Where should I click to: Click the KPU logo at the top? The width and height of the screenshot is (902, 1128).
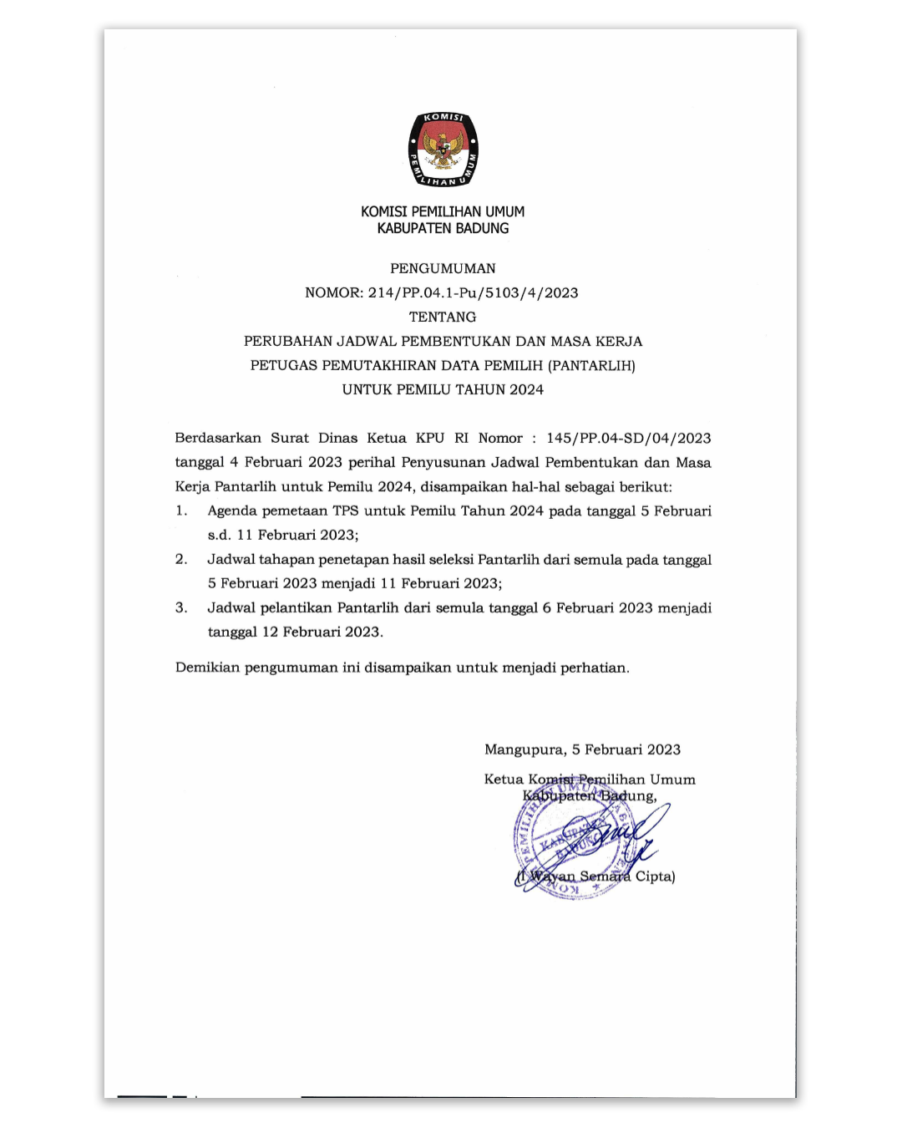point(443,149)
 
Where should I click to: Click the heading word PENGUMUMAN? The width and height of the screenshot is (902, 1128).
point(443,268)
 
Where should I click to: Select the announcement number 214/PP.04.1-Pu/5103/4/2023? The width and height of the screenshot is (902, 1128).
point(473,292)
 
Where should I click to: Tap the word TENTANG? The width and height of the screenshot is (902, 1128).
point(443,317)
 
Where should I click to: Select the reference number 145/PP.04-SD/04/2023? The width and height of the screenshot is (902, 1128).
point(629,438)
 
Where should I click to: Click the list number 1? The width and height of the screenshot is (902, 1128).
point(181,511)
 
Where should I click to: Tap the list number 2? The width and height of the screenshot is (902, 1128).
point(181,559)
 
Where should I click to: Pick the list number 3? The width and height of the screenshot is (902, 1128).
point(181,607)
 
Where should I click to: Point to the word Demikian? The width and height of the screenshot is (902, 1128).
point(206,668)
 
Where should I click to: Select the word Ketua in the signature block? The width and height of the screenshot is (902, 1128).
point(504,780)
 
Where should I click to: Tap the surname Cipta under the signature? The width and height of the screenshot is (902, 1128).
point(655,876)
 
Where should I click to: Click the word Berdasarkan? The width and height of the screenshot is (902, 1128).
point(218,438)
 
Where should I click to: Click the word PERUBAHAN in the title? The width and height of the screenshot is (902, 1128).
point(287,341)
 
